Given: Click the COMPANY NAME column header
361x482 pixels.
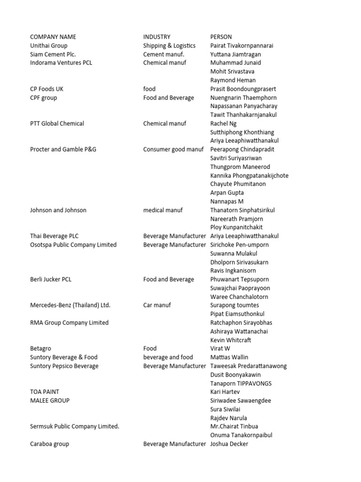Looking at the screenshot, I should tap(53, 37).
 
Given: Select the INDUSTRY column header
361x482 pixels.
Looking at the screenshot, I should tap(157, 37).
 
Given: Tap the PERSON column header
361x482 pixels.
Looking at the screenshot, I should tap(221, 37).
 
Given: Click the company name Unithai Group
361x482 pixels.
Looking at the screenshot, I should tap(49, 46).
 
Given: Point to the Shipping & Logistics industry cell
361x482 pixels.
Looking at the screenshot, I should tap(169, 46).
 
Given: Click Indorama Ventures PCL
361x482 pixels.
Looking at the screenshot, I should tap(61, 63).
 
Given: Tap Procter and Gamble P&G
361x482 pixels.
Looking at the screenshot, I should tap(63, 149).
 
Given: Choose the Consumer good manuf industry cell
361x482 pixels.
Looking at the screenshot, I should tap(173, 149).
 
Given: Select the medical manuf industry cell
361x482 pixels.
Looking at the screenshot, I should tap(163, 210).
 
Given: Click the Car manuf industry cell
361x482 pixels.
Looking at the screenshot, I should tap(157, 305).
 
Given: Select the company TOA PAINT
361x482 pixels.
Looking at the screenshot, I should tap(45, 392).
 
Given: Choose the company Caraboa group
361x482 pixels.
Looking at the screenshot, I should tap(49, 444).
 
